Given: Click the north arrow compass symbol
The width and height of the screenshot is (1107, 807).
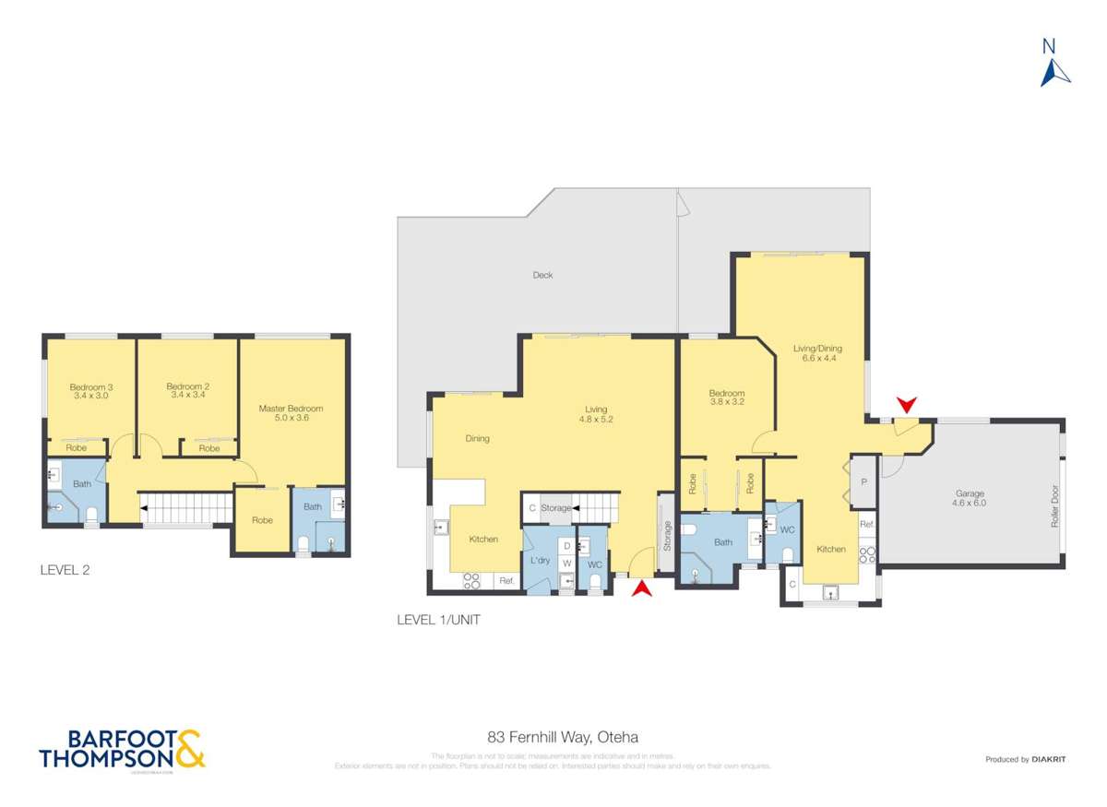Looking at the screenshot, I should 1054,64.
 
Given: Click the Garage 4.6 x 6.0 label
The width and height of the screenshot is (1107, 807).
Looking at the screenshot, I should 970,498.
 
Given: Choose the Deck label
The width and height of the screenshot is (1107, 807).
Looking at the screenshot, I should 542,275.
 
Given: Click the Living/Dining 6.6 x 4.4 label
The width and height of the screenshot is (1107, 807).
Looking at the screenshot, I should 817,353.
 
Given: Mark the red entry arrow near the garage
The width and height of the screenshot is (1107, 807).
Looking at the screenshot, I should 907,404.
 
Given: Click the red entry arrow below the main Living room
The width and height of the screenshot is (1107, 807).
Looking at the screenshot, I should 643,587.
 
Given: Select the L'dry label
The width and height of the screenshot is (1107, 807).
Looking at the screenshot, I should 541,560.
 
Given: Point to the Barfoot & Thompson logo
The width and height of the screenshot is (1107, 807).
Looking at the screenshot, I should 122,749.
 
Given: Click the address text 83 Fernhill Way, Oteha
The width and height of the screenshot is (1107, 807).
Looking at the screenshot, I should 563,737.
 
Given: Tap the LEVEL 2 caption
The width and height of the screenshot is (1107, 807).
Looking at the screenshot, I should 65,570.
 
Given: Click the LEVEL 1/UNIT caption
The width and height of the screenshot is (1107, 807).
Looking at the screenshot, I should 438,621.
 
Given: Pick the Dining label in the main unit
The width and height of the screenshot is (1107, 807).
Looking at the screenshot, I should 477,439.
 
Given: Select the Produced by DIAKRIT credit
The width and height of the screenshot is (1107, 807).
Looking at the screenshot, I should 1025,759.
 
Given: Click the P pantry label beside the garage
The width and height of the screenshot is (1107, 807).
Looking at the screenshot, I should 863,481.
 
